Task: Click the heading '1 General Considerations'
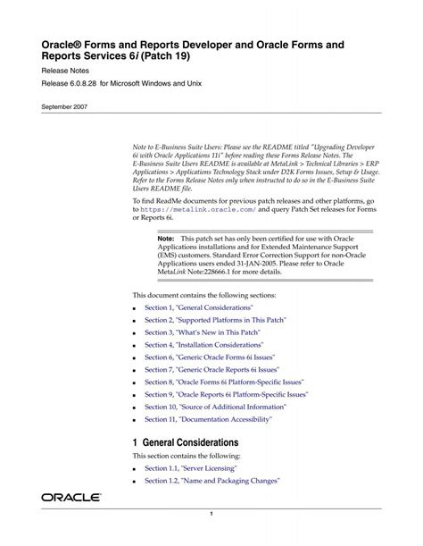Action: [186, 442]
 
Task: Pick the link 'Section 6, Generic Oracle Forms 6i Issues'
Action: [210, 357]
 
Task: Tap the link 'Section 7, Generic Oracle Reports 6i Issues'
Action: [212, 369]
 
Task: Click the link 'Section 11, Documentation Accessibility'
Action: [208, 418]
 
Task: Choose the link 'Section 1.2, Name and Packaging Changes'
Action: [212, 480]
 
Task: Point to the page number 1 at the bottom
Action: [211, 514]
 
